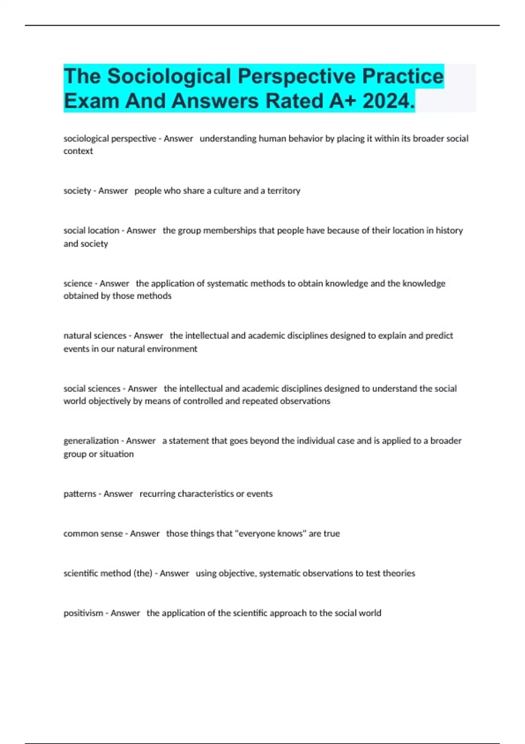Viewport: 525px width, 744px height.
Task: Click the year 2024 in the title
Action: pos(388,101)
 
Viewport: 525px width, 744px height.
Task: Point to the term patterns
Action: pos(79,494)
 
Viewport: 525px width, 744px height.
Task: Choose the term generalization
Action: pos(91,441)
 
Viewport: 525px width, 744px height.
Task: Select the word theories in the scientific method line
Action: pos(399,573)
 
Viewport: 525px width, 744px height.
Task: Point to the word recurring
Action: pos(157,494)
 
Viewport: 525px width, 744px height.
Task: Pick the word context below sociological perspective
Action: pos(78,151)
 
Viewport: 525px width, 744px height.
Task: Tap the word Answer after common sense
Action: pos(145,533)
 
